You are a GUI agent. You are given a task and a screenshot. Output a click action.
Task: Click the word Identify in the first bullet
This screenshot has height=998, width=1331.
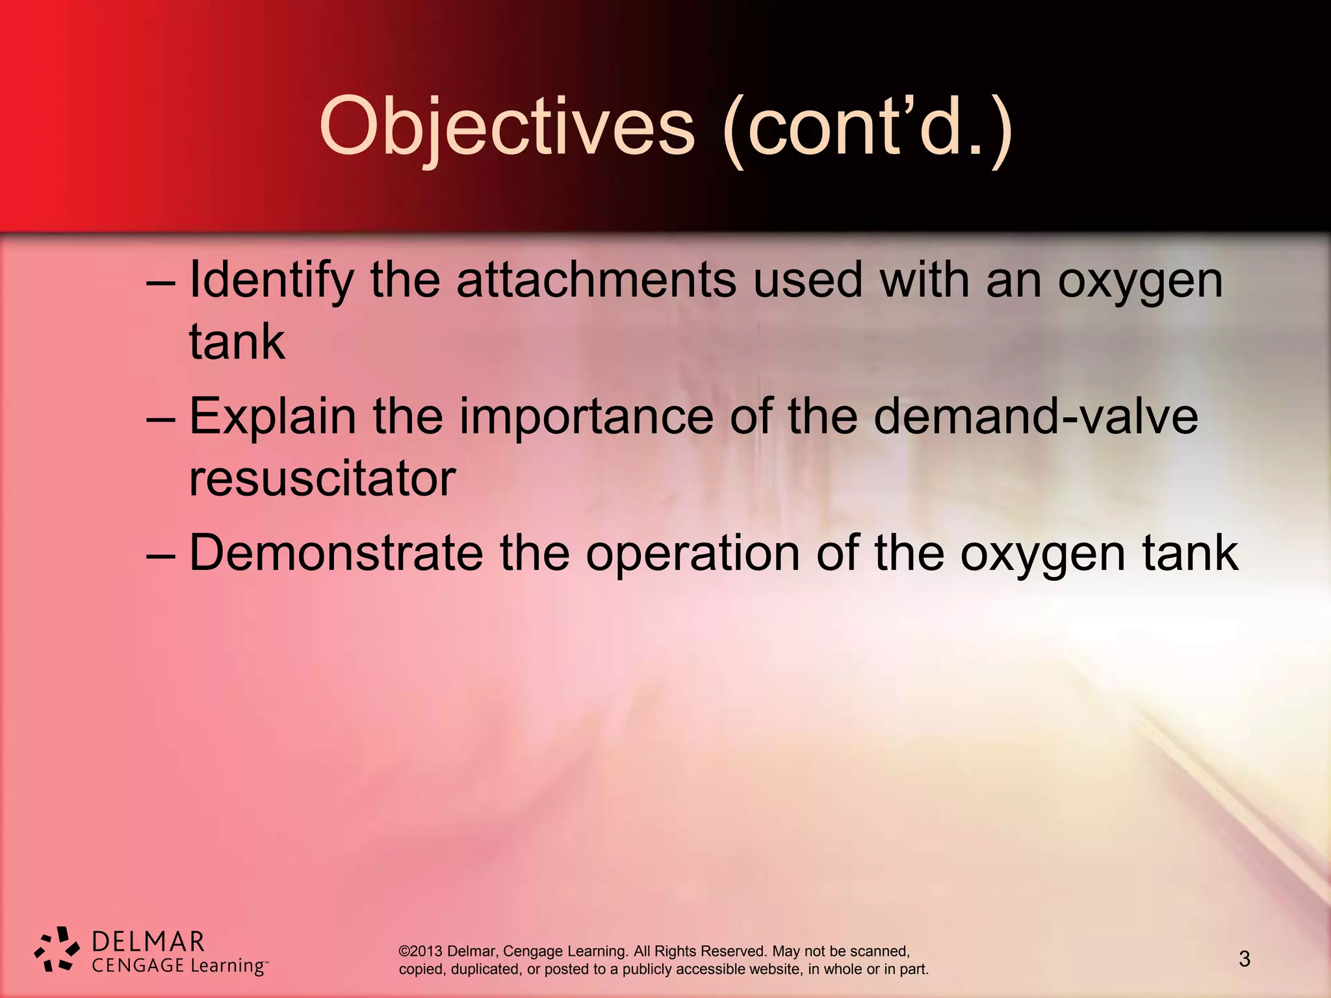click(x=271, y=281)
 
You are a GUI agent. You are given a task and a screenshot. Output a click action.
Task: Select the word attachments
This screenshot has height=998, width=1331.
click(x=596, y=279)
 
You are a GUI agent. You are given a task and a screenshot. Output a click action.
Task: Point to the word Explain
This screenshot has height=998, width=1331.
click(x=272, y=417)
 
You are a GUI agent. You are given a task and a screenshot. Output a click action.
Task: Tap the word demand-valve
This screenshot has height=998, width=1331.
click(x=1035, y=416)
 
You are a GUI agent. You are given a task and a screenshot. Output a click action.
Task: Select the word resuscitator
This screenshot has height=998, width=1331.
click(x=322, y=479)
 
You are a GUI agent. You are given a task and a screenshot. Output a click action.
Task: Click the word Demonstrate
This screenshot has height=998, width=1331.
click(x=336, y=553)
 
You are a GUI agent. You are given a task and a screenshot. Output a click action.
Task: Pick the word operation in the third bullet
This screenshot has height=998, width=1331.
click(x=693, y=554)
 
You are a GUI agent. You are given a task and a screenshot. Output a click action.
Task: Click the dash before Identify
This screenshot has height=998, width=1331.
click(x=161, y=284)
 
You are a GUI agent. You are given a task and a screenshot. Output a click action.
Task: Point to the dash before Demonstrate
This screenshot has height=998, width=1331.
click(x=161, y=557)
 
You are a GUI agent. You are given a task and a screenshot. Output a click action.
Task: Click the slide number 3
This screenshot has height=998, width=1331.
click(x=1245, y=959)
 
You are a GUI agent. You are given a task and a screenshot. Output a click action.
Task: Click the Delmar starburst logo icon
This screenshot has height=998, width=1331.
click(x=57, y=949)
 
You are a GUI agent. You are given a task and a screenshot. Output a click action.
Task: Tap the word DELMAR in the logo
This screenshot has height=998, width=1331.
click(x=148, y=941)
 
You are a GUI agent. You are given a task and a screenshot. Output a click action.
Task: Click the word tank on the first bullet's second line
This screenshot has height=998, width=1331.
click(x=237, y=342)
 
